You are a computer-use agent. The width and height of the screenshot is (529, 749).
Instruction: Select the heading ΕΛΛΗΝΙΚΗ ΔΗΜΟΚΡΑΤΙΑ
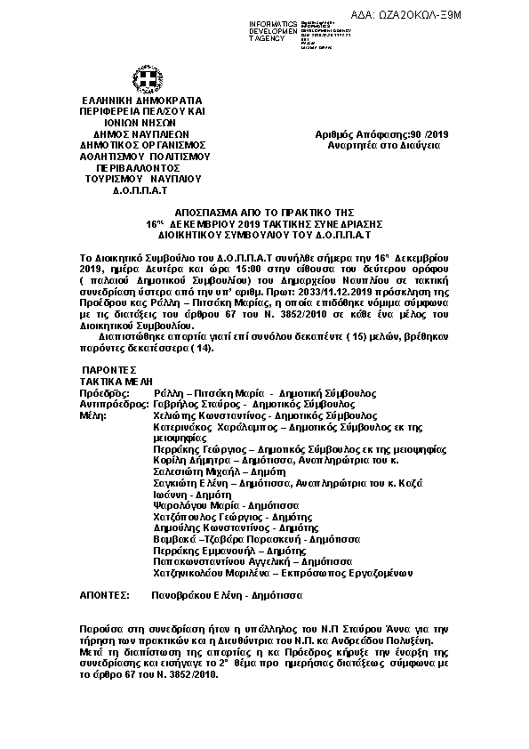tap(141, 101)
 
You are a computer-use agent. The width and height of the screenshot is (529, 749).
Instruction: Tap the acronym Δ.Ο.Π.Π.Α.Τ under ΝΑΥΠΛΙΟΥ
tap(141, 189)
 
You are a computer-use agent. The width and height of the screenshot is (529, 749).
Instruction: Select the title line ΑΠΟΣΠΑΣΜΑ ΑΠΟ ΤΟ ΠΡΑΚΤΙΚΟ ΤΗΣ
tap(264, 215)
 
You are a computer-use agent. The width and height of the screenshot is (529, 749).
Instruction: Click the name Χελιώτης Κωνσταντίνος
tap(197, 415)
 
